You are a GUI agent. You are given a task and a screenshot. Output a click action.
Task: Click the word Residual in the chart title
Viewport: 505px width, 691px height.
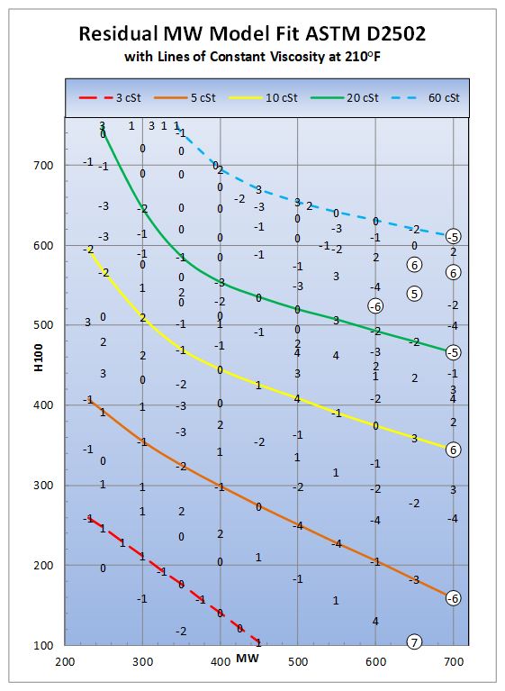(122, 34)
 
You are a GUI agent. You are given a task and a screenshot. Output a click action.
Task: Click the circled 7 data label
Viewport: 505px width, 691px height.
(415, 642)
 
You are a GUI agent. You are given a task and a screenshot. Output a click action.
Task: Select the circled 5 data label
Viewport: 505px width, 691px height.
(415, 294)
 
